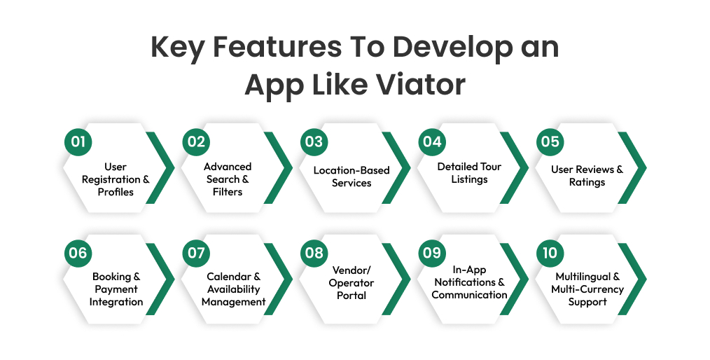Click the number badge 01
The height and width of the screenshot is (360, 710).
click(78, 142)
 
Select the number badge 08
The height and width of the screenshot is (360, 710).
click(314, 253)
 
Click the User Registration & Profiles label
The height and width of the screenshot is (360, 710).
click(116, 179)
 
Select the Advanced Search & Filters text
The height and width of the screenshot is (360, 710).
click(228, 179)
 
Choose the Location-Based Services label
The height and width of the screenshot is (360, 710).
click(351, 176)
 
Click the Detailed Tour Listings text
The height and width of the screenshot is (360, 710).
click(469, 173)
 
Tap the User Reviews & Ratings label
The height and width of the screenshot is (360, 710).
click(587, 176)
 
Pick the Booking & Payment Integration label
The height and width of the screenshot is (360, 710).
click(116, 289)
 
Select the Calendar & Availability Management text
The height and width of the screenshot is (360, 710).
click(233, 289)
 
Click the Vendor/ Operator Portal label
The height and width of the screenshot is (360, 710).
click(351, 283)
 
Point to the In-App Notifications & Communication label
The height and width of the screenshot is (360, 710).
click(469, 282)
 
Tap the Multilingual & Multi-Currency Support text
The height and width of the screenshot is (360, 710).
click(587, 289)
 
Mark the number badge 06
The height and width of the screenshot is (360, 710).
click(78, 253)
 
